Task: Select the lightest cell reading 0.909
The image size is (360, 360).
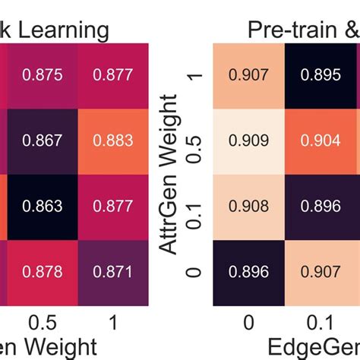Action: coord(249,141)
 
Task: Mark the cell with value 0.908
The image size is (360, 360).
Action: coord(249,207)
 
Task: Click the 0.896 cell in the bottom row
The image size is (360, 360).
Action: coord(249,272)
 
